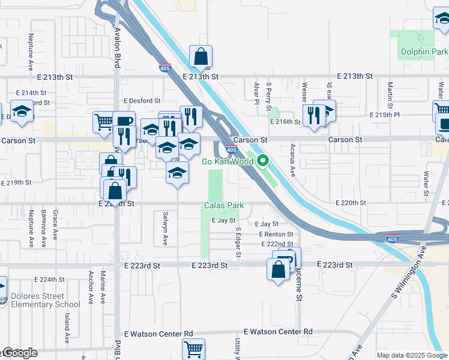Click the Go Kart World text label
coord(226,161)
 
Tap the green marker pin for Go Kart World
coord(262,161)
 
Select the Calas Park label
coord(224,205)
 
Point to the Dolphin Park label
coord(423,52)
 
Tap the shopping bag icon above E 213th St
coord(200,58)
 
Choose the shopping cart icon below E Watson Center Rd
coord(193,349)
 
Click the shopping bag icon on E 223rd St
coord(279,269)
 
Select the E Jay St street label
coord(224,221)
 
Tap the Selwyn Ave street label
coord(165,229)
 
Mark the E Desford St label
coord(142,101)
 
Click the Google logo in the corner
coord(20,353)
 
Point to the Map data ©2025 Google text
coord(412,355)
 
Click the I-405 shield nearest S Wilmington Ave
coord(392,238)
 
